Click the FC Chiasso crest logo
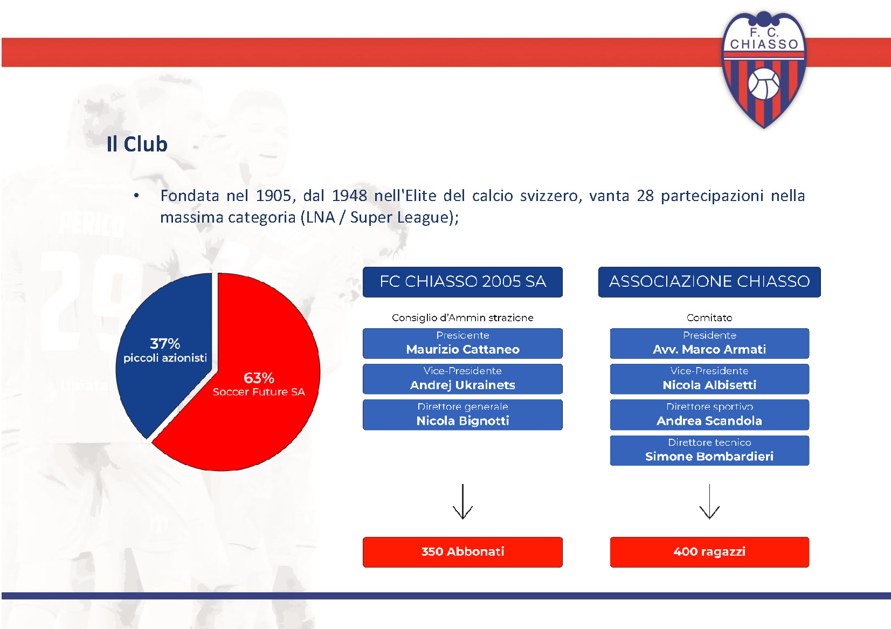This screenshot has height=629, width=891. [764, 70]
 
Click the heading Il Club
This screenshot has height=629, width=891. [137, 144]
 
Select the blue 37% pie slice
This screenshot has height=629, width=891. [167, 354]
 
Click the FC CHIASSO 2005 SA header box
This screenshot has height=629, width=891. [462, 282]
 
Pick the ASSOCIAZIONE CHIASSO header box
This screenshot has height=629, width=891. [709, 282]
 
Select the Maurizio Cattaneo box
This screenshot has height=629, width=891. [462, 343]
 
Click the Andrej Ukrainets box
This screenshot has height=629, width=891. [462, 379]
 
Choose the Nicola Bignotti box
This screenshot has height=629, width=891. [462, 414]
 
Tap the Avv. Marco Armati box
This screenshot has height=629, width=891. [709, 343]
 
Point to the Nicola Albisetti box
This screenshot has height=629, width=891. [709, 379]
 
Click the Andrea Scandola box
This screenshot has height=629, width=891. [709, 414]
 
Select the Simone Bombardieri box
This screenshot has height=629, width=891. [709, 451]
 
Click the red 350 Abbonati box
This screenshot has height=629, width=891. [462, 552]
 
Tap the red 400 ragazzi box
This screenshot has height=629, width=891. [709, 552]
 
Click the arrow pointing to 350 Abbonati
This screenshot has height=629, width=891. [462, 501]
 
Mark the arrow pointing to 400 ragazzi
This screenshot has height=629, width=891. [709, 501]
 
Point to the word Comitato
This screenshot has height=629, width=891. [709, 317]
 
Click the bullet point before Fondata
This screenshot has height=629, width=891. [136, 195]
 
